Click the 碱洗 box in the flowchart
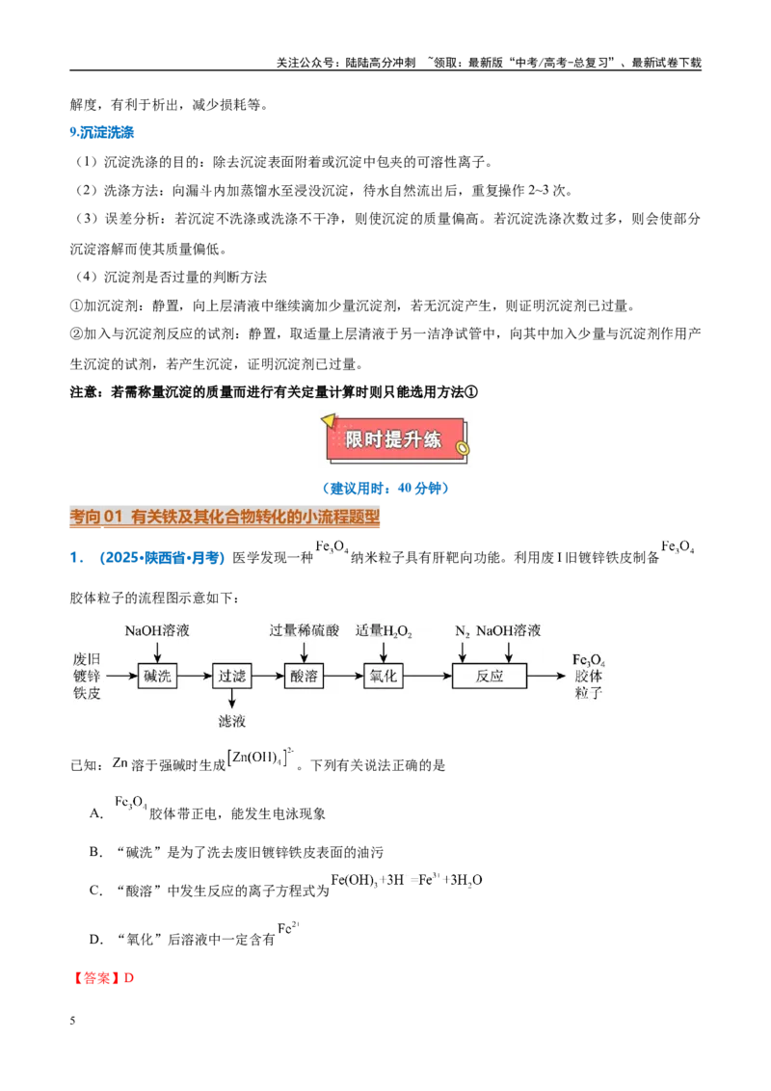[157, 676]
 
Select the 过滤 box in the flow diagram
[231, 676]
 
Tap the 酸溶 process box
[305, 676]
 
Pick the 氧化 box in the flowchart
[384, 676]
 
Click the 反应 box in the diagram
[490, 676]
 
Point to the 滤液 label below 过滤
[231, 722]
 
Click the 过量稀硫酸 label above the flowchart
[305, 630]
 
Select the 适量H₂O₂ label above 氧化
[384, 631]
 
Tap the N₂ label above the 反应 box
[462, 631]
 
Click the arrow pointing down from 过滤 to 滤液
[231, 699]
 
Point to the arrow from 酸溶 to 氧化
[344, 676]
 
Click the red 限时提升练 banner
[394, 439]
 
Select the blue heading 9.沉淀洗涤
[101, 132]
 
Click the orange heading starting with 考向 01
[225, 517]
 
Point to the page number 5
[72, 1021]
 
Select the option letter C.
[96, 891]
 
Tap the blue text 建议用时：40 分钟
[385, 488]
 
